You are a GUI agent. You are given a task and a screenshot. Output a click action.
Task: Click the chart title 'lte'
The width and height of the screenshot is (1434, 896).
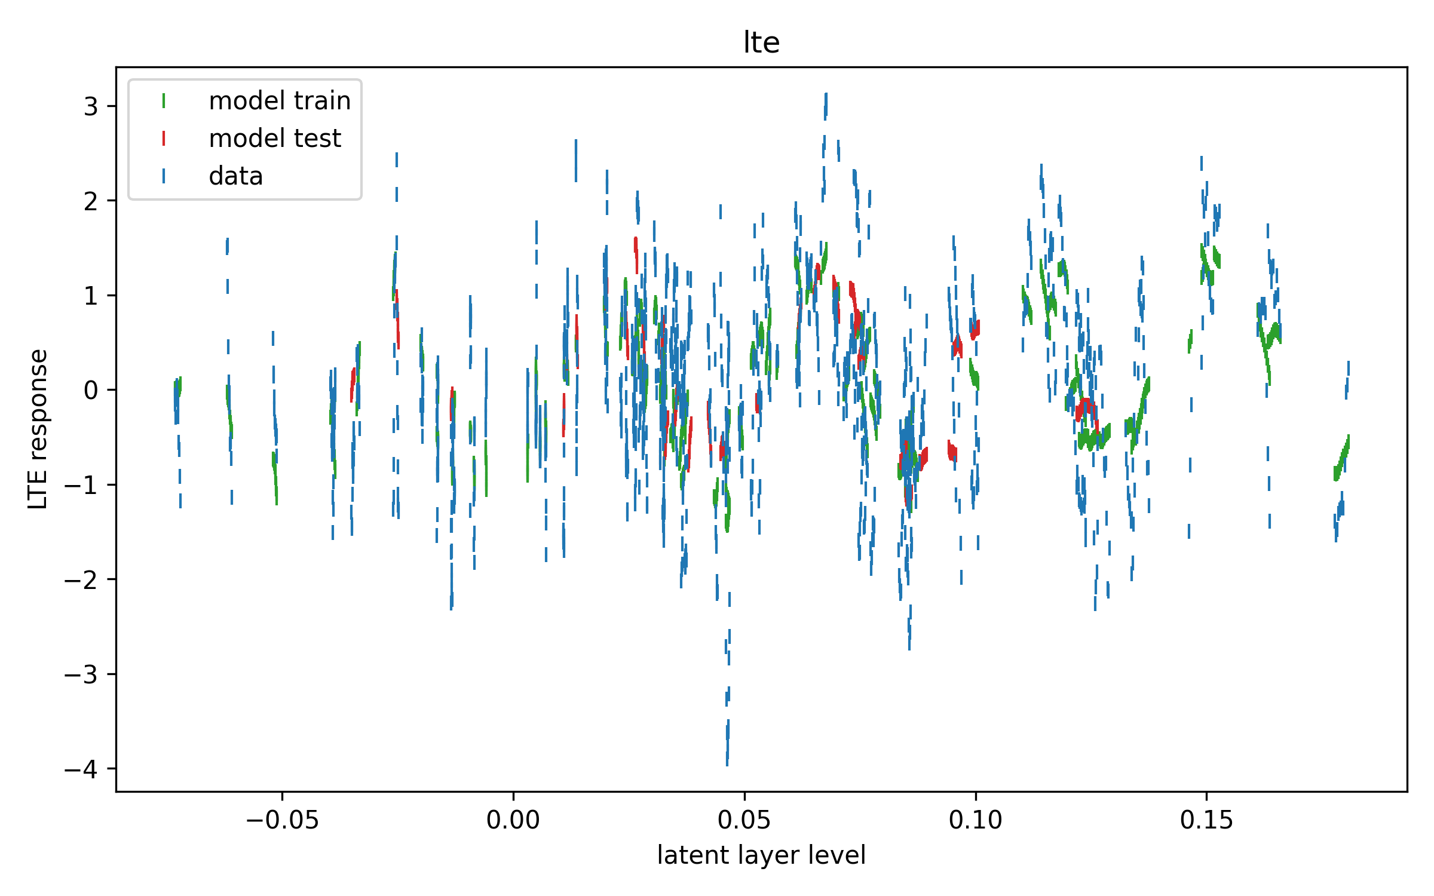[x=761, y=42]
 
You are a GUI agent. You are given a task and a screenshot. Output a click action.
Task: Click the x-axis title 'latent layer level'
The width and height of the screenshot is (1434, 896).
[x=761, y=855]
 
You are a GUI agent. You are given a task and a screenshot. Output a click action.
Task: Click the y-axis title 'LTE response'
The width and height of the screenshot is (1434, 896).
[x=38, y=429]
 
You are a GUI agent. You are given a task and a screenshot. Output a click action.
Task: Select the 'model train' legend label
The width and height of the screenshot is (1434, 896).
[x=280, y=101]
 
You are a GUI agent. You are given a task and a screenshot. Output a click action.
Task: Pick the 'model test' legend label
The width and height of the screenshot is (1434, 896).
[x=275, y=139]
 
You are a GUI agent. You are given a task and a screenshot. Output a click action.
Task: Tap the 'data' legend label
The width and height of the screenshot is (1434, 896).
[x=236, y=176]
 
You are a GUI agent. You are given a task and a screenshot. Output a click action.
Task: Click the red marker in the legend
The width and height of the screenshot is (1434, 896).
[x=164, y=139]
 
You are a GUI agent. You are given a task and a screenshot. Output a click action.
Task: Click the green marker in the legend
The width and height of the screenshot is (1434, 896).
[x=164, y=101]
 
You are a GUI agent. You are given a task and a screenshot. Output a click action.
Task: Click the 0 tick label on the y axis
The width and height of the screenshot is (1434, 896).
[x=91, y=391]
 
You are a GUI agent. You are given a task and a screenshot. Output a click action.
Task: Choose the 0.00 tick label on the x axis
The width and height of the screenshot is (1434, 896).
[x=513, y=821]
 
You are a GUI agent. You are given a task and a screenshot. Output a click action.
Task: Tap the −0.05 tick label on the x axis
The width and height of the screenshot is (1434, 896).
[x=282, y=821]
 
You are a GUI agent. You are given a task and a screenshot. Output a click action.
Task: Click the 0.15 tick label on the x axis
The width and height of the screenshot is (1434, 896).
[x=1206, y=821]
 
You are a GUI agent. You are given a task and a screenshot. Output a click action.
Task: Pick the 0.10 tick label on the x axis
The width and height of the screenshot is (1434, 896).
[x=976, y=821]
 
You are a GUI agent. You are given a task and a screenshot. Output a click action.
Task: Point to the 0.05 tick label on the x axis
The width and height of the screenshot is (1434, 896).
[x=744, y=821]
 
